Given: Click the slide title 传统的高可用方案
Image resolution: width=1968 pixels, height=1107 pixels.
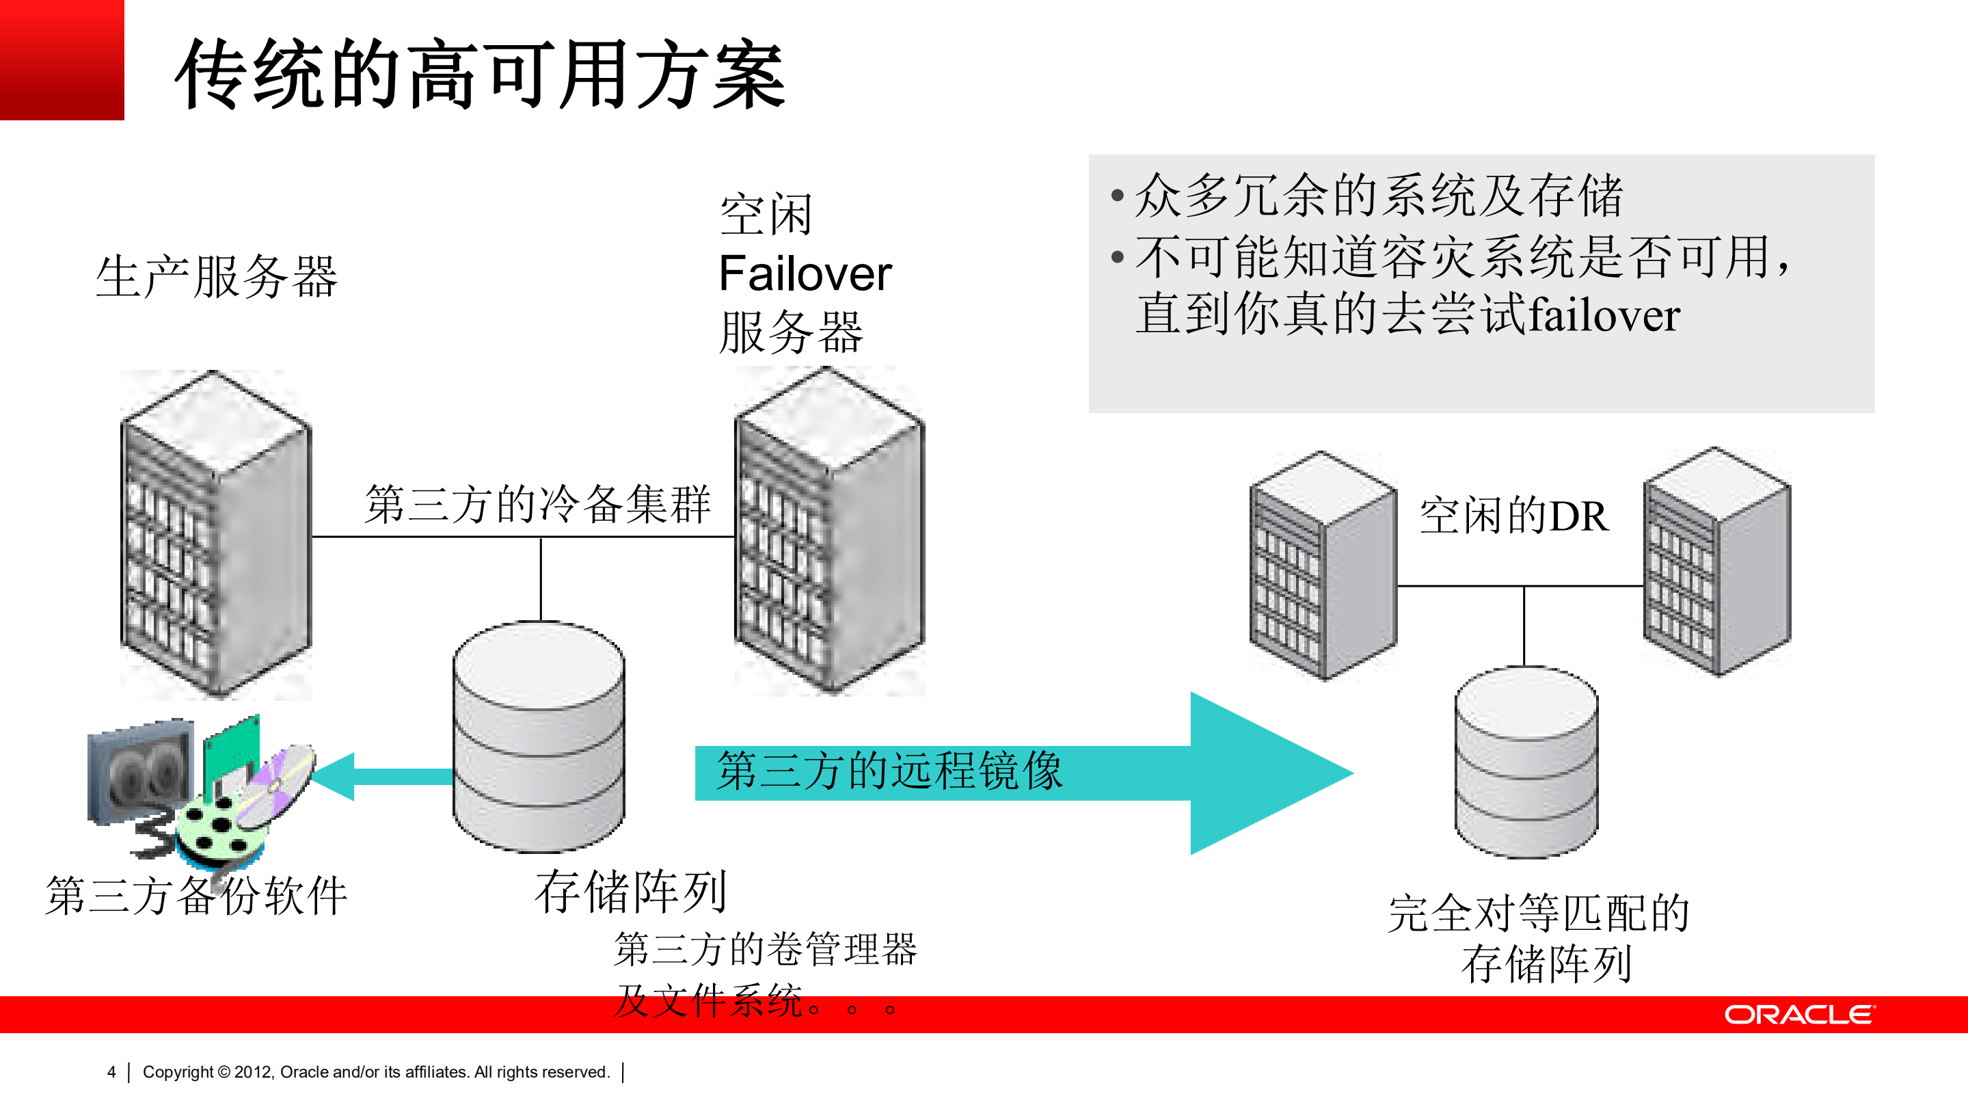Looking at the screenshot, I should pyautogui.click(x=480, y=75).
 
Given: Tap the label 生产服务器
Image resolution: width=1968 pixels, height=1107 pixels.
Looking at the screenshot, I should pyautogui.click(x=216, y=276).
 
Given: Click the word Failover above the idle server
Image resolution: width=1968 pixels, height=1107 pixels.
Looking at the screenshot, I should pyautogui.click(x=805, y=274).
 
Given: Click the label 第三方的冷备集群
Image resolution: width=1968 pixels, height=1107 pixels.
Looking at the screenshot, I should pyautogui.click(x=538, y=504).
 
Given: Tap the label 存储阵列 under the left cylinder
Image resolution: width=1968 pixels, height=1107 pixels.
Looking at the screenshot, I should pyautogui.click(x=631, y=892).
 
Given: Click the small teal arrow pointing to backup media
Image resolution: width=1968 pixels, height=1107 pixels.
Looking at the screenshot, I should pyautogui.click(x=382, y=776).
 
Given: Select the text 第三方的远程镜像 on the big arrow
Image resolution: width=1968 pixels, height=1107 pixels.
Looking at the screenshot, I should pyautogui.click(x=889, y=770).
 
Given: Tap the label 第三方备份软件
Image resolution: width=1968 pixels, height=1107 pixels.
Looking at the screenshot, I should pyautogui.click(x=197, y=896).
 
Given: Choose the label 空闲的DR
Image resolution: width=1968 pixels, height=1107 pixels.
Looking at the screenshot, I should pyautogui.click(x=1513, y=516).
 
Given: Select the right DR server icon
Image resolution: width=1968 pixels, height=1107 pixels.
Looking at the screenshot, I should pyautogui.click(x=1716, y=561).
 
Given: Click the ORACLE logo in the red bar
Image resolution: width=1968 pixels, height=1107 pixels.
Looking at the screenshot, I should pyautogui.click(x=1798, y=1015).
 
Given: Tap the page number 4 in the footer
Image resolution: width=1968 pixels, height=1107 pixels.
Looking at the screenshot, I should pyautogui.click(x=111, y=1072).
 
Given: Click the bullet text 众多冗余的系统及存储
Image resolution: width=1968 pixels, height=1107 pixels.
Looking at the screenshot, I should pyautogui.click(x=1378, y=196).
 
